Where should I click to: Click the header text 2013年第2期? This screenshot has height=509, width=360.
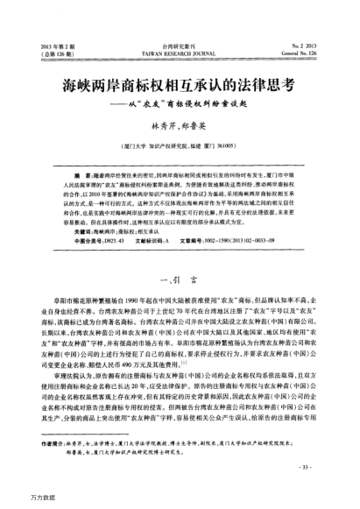(x=51, y=42)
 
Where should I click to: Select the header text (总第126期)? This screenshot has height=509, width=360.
(x=51, y=50)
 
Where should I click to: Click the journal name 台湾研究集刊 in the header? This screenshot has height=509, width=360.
(x=180, y=42)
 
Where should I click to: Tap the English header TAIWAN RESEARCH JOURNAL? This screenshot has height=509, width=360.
(x=180, y=50)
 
